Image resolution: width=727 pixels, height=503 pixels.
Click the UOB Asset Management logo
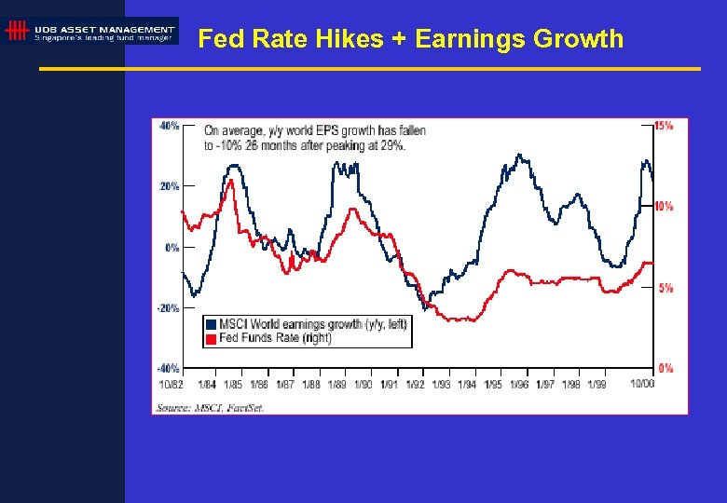click(x=89, y=31)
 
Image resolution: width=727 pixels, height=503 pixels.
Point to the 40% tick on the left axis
click(x=169, y=126)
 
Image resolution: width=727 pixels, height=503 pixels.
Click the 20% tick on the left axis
click(x=169, y=186)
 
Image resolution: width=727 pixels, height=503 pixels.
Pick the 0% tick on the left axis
click(x=171, y=248)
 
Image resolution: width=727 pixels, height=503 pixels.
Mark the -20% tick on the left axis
click(x=168, y=308)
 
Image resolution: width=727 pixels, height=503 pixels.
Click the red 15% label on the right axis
click(x=664, y=126)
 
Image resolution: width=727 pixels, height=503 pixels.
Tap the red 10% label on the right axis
click(x=664, y=206)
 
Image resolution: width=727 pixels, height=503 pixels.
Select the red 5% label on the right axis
click(x=665, y=288)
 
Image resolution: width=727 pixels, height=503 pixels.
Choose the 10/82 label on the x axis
click(x=170, y=384)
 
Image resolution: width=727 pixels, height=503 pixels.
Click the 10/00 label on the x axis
click(x=641, y=384)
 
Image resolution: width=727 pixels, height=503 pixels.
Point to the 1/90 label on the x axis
click(x=363, y=384)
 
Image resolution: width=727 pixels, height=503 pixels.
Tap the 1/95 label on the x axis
click(x=492, y=384)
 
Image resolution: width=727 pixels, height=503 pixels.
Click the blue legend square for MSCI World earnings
click(x=211, y=324)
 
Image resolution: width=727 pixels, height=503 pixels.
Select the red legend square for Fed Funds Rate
click(x=211, y=337)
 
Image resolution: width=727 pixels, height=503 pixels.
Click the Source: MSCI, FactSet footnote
click(x=210, y=408)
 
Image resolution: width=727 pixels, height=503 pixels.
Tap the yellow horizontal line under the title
click(x=369, y=69)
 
